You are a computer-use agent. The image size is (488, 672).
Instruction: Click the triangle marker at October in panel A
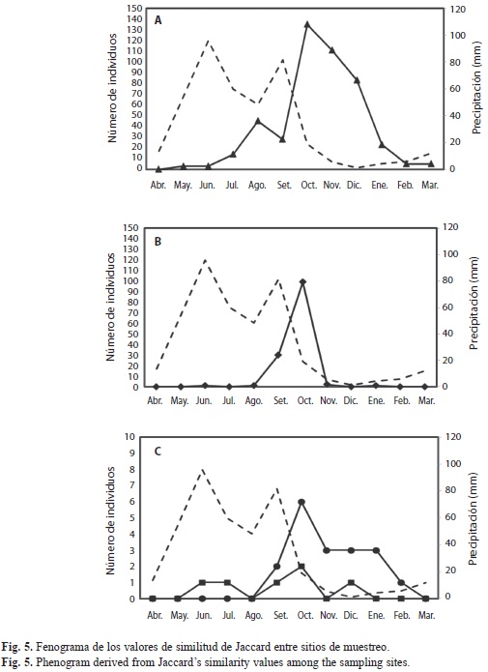pos(306,24)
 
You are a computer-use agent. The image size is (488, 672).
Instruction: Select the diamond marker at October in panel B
pos(302,281)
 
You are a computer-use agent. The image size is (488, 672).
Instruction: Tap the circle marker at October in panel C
pos(301,502)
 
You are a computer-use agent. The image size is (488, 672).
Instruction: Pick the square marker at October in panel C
pos(301,567)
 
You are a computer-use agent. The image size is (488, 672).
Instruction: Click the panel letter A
pos(158,20)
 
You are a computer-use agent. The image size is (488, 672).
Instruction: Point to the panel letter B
pos(158,242)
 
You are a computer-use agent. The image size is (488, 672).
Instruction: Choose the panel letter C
pos(158,452)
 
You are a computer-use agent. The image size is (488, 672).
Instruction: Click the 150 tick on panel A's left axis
pos(134,8)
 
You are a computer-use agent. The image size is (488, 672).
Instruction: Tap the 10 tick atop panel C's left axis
pos(129,437)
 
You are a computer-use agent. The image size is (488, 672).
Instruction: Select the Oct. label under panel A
pos(308,185)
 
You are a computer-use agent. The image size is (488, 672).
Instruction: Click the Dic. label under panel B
pos(351,400)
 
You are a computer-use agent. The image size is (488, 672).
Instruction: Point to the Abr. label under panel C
pos(155,615)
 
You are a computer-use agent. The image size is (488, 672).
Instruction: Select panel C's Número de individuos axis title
pos(111,521)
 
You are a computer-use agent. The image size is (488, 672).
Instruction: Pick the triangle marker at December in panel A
pos(357,80)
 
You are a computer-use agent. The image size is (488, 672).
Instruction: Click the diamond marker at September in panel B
pos(277,355)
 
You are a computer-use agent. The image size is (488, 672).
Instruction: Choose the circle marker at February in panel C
pos(401,582)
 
